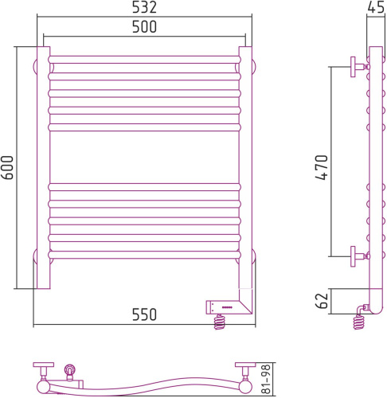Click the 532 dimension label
(144, 7)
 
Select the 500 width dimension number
(144, 26)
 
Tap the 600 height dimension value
(7, 168)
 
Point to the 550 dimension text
(144, 314)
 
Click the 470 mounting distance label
(322, 167)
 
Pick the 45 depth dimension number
(376, 7)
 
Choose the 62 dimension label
(322, 301)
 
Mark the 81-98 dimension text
(266, 379)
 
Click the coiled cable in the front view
(220, 322)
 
